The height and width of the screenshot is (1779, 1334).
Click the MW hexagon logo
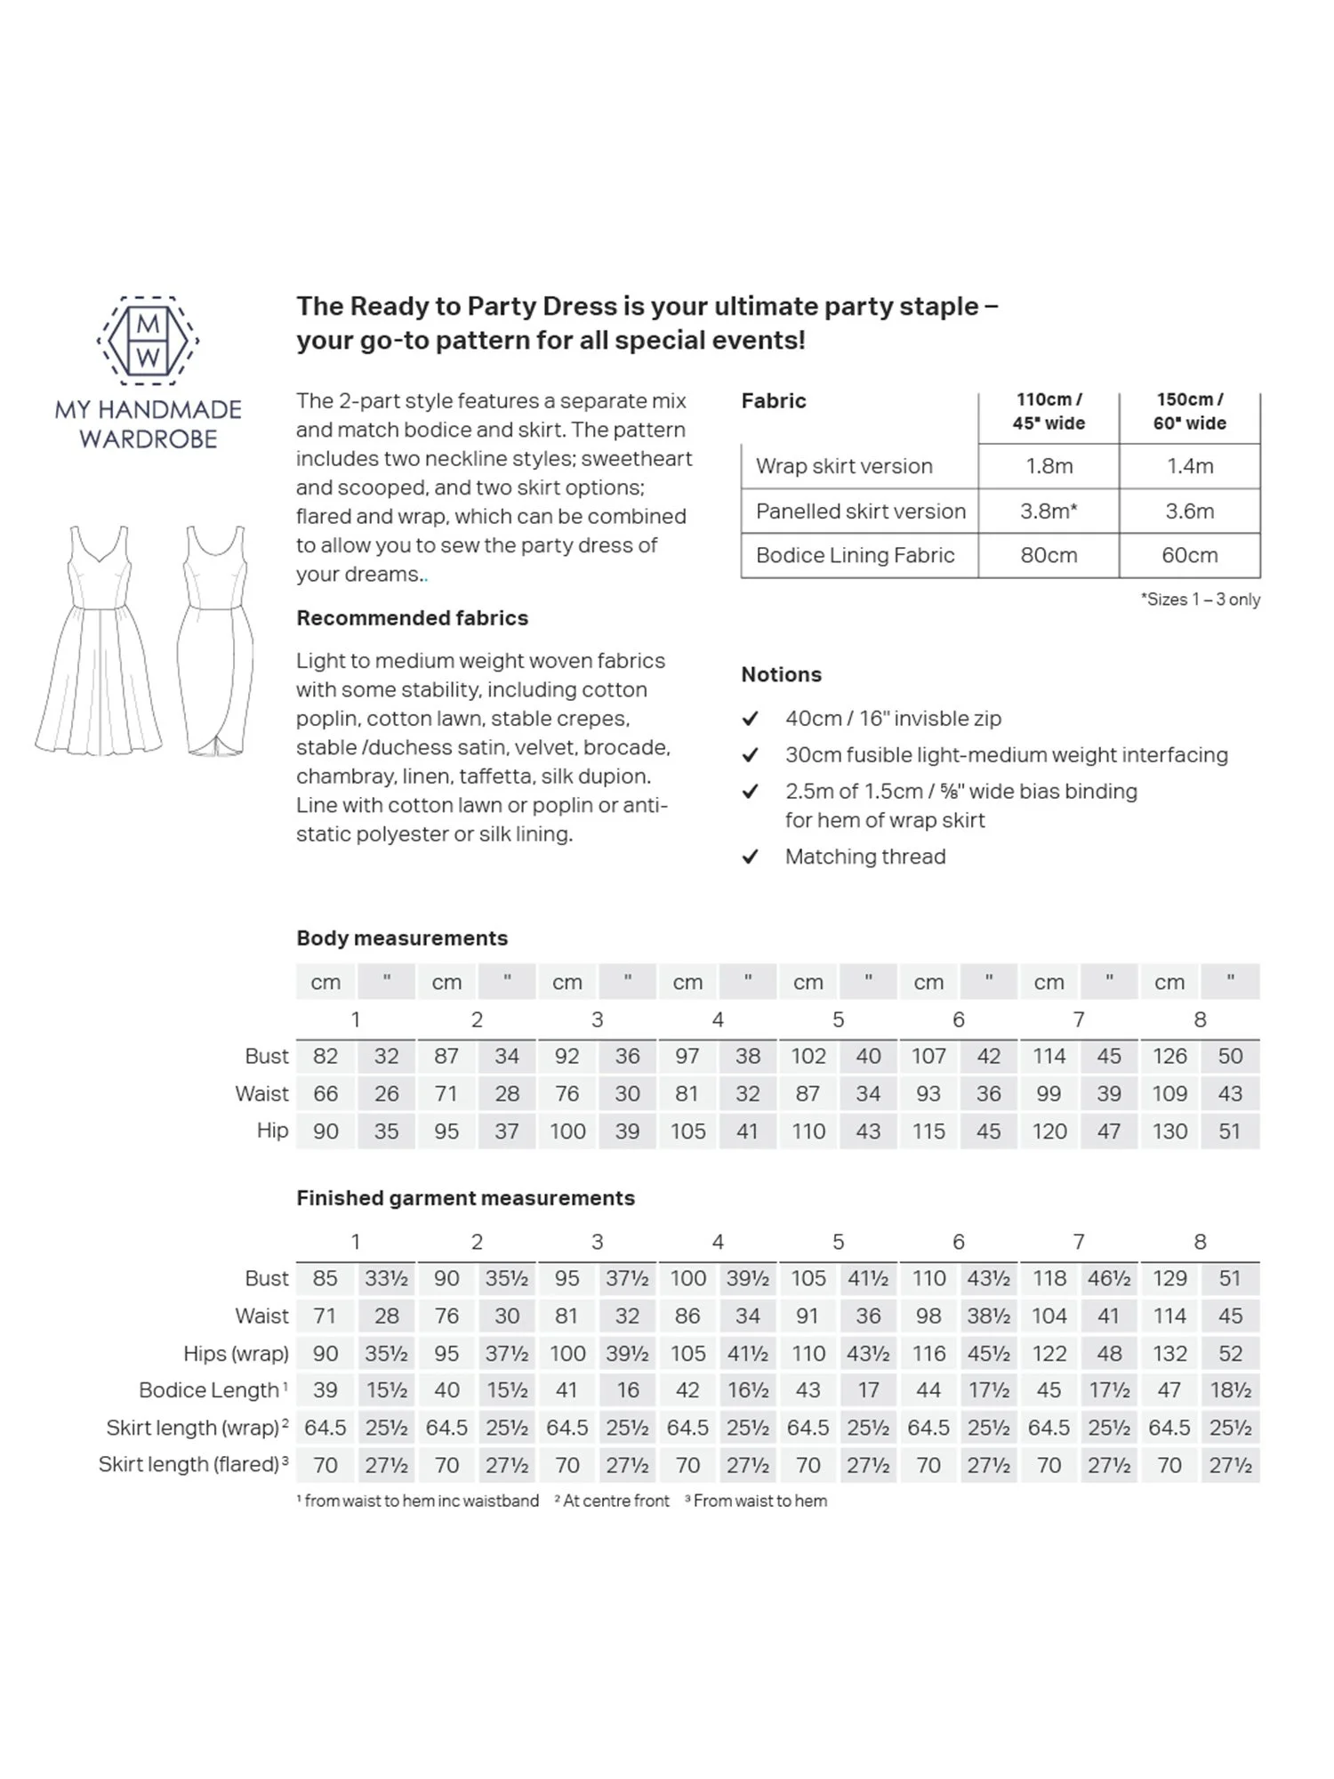pos(148,341)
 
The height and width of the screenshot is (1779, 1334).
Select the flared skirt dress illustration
pos(99,641)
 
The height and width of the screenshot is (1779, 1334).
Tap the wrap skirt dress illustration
pos(215,641)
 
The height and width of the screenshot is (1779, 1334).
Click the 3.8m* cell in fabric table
pos(1049,511)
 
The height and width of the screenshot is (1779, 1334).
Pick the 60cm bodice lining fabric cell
pos(1189,555)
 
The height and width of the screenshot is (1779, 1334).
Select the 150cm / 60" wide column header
pos(1189,412)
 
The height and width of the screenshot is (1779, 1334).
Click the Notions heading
pos(781,674)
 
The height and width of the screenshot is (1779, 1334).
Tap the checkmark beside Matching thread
pos(751,857)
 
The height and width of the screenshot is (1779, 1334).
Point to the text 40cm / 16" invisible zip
pos(893,718)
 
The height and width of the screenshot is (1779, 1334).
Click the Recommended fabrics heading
pos(412,618)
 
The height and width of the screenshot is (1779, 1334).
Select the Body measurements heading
pos(402,938)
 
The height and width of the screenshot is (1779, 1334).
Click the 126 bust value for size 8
pos(1169,1056)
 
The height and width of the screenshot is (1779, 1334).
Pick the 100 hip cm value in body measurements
pos(567,1131)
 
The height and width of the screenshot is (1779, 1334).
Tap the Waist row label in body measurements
pos(261,1093)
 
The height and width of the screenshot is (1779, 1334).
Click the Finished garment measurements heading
pos(465,1198)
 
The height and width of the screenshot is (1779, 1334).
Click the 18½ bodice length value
pos(1230,1390)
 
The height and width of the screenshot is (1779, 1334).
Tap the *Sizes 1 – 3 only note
pos(1200,600)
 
